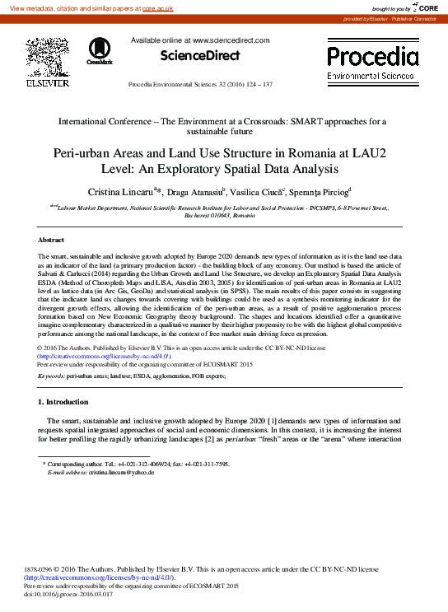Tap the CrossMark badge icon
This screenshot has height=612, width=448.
(x=100, y=51)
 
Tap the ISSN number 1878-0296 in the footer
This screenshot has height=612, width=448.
(x=42, y=568)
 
